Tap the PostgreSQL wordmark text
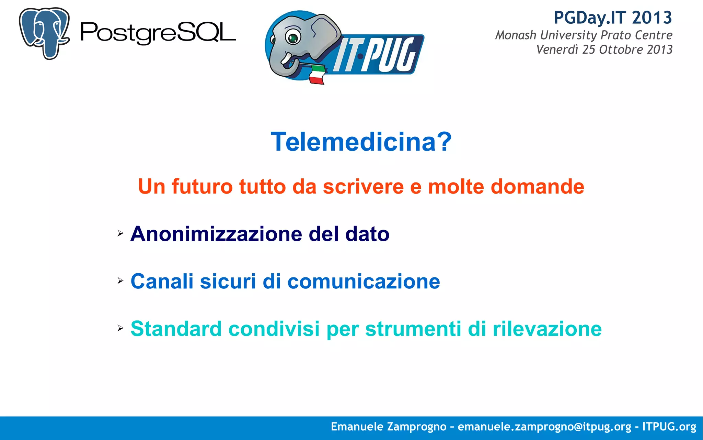pyautogui.click(x=158, y=33)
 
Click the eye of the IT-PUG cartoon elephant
pyautogui.click(x=293, y=37)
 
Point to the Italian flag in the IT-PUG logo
pyautogui.click(x=316, y=74)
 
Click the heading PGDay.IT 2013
pyautogui.click(x=613, y=18)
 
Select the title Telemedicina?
pyautogui.click(x=361, y=142)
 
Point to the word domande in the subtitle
pyautogui.click(x=537, y=186)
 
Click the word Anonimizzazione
pyautogui.click(x=216, y=234)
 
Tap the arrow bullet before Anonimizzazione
pyautogui.click(x=120, y=233)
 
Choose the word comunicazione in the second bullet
pyautogui.click(x=364, y=281)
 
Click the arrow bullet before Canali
pyautogui.click(x=120, y=281)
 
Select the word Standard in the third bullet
pyautogui.click(x=176, y=329)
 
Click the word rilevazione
pyautogui.click(x=547, y=329)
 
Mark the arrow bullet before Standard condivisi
pyautogui.click(x=120, y=328)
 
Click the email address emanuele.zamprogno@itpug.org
pyautogui.click(x=544, y=427)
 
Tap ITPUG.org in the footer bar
pyautogui.click(x=669, y=427)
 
